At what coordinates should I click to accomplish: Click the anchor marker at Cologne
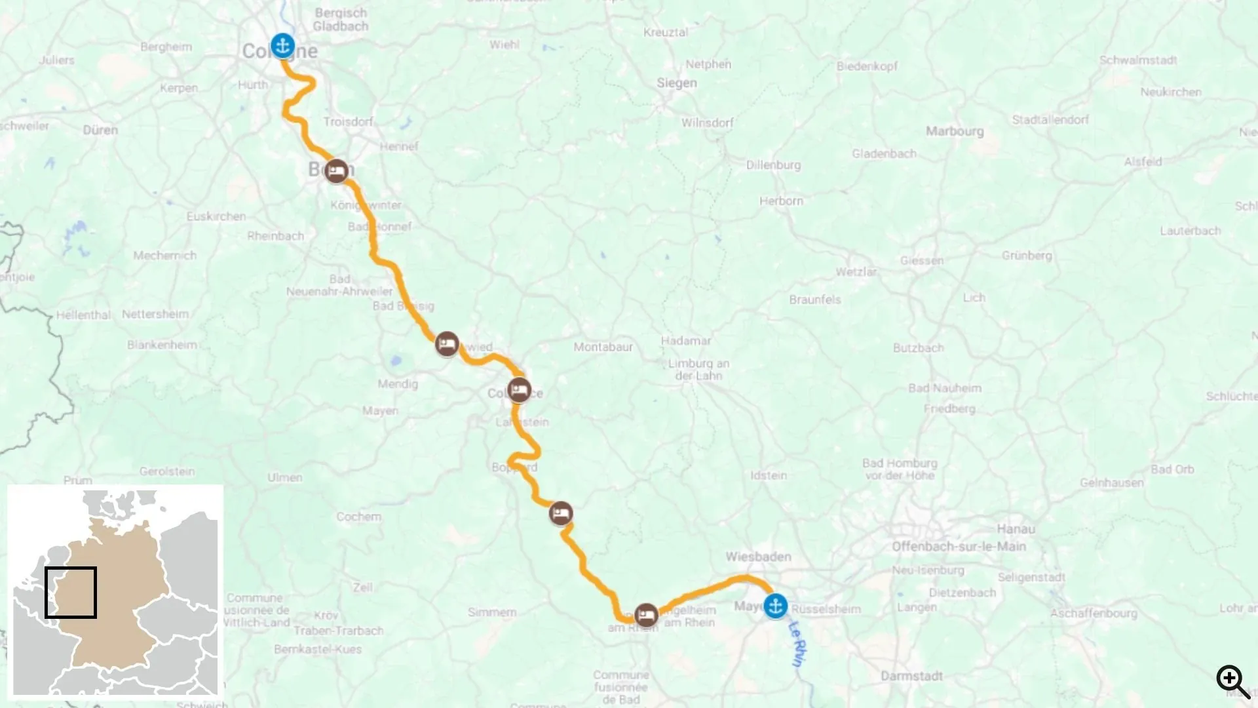click(283, 46)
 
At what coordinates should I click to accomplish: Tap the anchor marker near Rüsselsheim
click(776, 606)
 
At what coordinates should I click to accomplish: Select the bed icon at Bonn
click(337, 172)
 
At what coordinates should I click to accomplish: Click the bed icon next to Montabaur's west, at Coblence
click(519, 391)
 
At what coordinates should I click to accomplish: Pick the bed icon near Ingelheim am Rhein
click(646, 615)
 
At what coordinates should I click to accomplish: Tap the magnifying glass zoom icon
click(1233, 682)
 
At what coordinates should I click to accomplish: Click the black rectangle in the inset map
click(71, 593)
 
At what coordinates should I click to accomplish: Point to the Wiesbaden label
click(758, 557)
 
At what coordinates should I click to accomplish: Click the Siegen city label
click(677, 83)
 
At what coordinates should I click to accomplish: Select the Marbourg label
click(955, 131)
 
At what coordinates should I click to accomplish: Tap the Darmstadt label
click(911, 676)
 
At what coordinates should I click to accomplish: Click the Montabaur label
click(603, 347)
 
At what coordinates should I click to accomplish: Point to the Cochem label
click(358, 517)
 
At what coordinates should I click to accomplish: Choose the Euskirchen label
click(216, 216)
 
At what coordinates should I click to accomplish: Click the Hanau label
click(1016, 529)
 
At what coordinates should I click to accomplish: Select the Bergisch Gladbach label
click(341, 20)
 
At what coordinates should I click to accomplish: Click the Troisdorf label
click(348, 122)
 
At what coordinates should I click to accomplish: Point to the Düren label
click(100, 130)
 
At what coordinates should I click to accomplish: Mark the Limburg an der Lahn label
click(698, 370)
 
